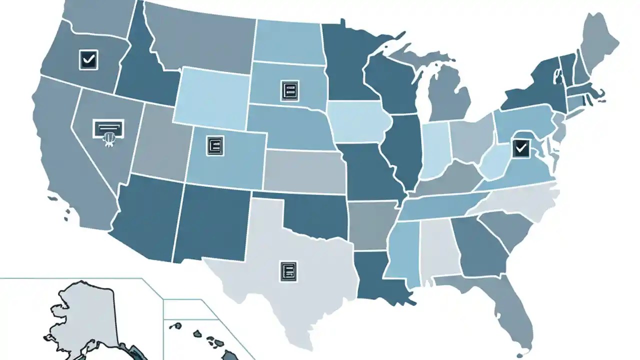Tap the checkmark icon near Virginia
520,147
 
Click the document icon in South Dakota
289,90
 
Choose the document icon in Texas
288,270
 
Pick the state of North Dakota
287,42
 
